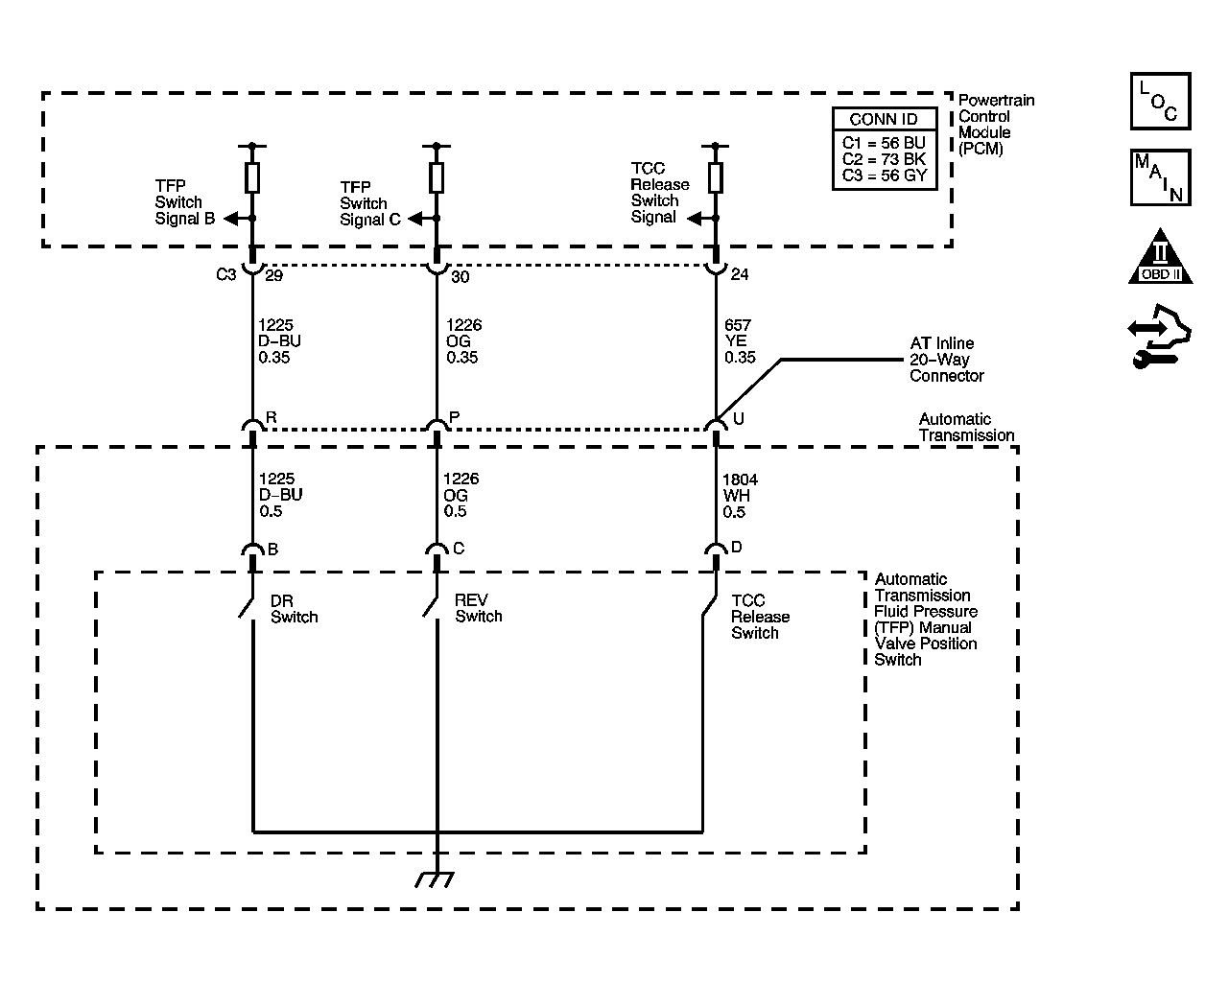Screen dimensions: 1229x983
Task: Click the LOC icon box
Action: (1161, 101)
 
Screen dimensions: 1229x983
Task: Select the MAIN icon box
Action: (1161, 177)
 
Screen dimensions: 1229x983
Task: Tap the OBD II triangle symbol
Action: (1160, 257)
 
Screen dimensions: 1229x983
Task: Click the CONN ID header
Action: (884, 119)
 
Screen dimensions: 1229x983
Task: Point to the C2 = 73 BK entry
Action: (884, 158)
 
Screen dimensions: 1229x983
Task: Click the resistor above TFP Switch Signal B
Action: (252, 177)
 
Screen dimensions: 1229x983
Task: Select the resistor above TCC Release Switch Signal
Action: (716, 177)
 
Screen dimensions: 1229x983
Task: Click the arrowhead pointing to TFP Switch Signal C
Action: (415, 219)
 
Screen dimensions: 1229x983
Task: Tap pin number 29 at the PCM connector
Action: (274, 276)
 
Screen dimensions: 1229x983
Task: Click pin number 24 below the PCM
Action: (740, 274)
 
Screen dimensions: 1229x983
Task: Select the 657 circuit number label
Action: (738, 325)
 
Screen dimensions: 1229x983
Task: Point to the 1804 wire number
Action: (740, 480)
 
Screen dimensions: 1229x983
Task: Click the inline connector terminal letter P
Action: (455, 417)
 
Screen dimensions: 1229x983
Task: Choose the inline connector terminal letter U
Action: (739, 418)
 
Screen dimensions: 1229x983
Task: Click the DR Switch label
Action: (295, 609)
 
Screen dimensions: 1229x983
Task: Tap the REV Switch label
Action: (479, 608)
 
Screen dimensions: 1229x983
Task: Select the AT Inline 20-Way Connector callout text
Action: (947, 360)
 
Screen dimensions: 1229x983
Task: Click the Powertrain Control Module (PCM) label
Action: (997, 125)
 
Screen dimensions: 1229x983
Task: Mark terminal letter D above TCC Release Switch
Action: (737, 547)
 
